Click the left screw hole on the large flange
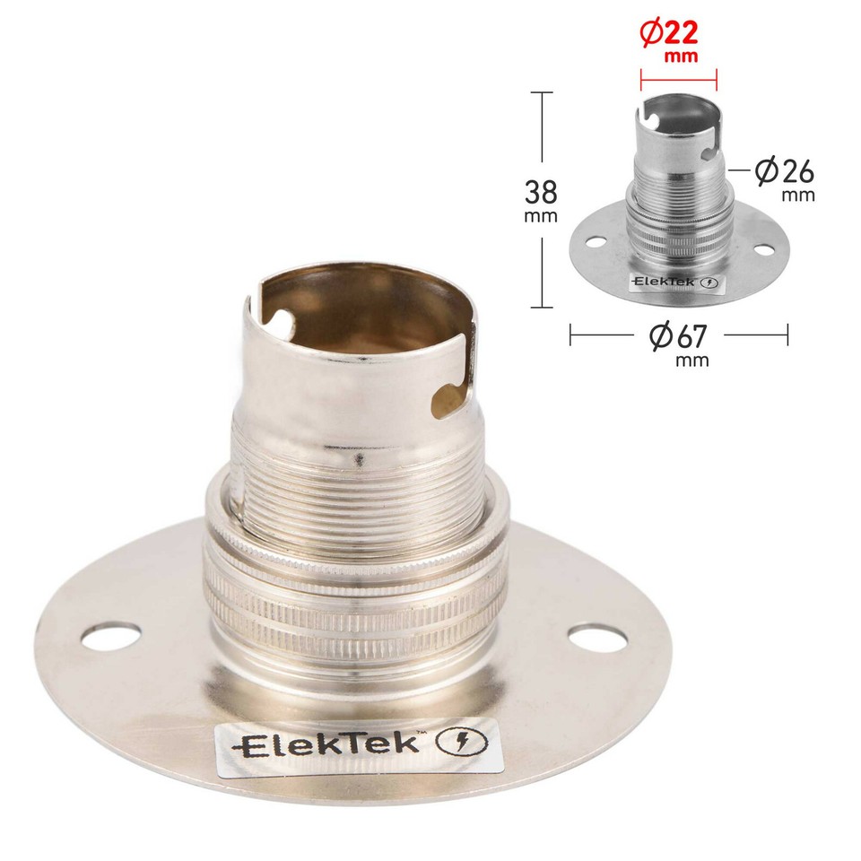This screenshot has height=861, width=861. [110, 637]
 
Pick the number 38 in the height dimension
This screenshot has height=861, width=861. [543, 192]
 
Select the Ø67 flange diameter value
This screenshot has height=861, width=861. [678, 337]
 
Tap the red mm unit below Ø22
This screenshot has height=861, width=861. [678, 57]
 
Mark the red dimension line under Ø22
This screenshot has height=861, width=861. [678, 76]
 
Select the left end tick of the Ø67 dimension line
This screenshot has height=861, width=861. [571, 335]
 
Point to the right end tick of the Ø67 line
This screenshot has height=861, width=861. [787, 335]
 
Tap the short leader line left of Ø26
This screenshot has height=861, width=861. [739, 168]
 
